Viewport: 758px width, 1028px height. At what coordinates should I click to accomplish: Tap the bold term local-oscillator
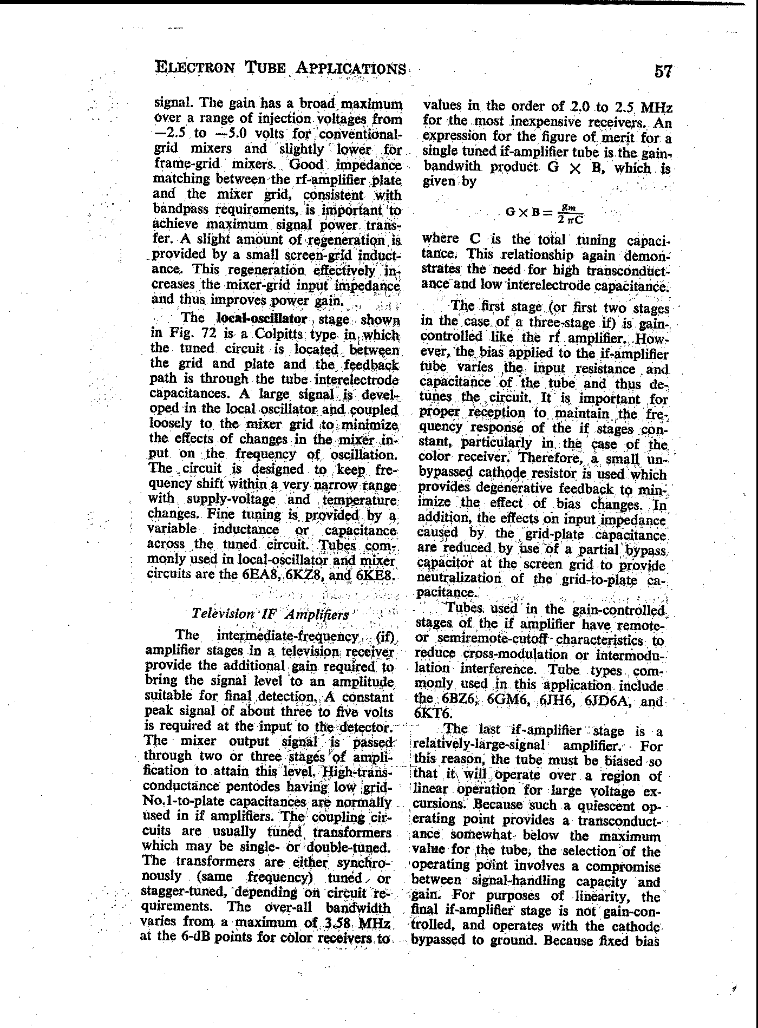[262, 318]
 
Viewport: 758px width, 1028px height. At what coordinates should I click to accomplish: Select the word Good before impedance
[307, 163]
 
